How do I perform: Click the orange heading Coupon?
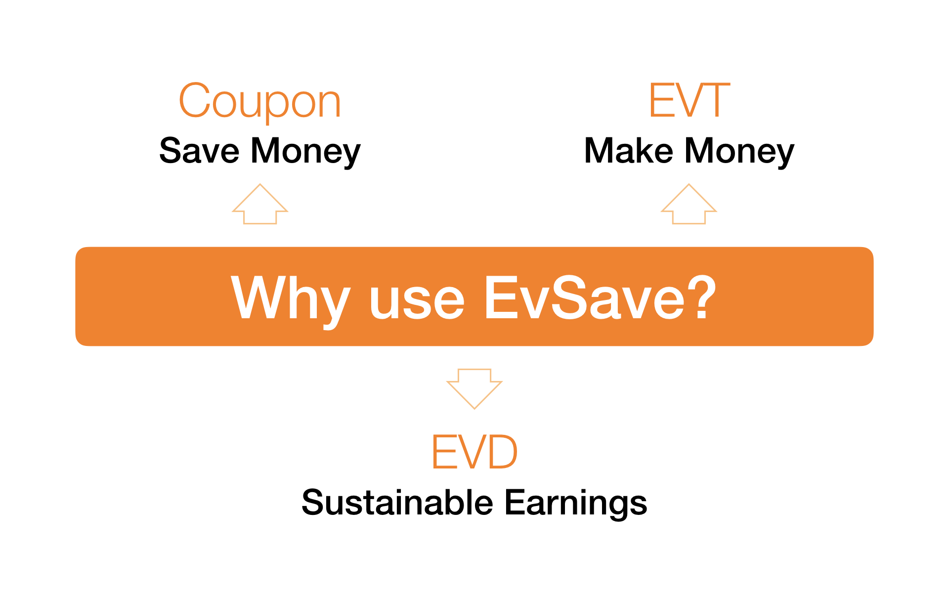click(260, 101)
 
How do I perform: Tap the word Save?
click(199, 150)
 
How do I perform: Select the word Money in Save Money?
click(306, 152)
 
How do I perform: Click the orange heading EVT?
click(690, 100)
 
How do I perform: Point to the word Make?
click(628, 150)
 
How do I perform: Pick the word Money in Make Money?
click(739, 152)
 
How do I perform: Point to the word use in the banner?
click(417, 303)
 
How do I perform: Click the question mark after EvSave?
click(702, 296)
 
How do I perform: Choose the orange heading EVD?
click(474, 452)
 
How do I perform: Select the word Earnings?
click(576, 504)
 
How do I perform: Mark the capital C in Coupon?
click(196, 100)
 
